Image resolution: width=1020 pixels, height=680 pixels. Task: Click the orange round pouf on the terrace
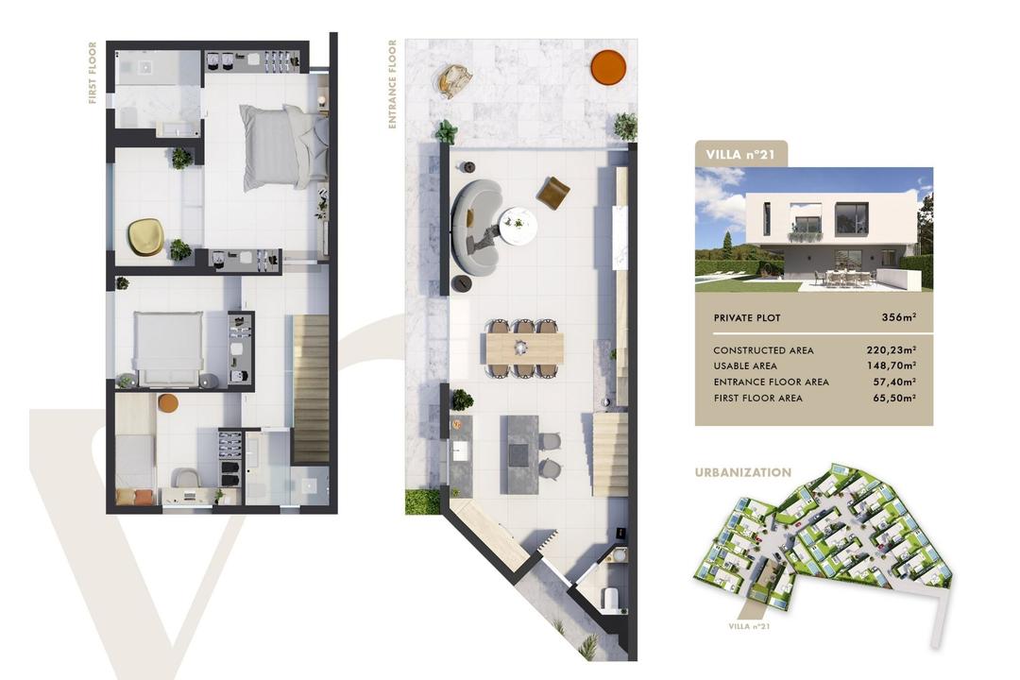point(608,67)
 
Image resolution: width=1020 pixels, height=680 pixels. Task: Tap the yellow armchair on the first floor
point(145,236)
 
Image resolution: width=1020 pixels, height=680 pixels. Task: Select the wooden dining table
point(524,348)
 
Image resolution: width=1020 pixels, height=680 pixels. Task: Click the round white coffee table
point(518,225)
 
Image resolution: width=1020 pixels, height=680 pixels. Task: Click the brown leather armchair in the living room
point(552,193)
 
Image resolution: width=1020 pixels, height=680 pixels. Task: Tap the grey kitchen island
point(519,454)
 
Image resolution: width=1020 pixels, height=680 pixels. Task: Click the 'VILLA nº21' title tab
point(741,154)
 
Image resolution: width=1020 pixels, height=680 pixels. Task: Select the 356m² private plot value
point(899,317)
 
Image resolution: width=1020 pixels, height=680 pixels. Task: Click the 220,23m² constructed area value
point(892,350)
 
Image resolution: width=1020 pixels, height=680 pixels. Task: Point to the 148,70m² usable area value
point(892,365)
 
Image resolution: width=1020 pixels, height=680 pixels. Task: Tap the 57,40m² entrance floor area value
point(894,382)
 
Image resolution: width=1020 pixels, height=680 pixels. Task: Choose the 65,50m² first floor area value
point(894,398)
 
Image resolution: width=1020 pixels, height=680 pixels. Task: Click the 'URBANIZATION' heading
point(743,472)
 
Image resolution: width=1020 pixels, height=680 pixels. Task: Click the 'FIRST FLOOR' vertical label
point(93,73)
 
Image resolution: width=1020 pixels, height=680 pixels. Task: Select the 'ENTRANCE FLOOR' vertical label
point(392,84)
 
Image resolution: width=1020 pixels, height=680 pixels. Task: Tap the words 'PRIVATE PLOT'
point(747,318)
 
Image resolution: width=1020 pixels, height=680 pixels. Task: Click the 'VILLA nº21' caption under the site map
point(749,627)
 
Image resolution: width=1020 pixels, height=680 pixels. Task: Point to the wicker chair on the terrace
point(455,80)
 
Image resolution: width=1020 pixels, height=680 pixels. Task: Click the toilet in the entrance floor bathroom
point(609,599)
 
